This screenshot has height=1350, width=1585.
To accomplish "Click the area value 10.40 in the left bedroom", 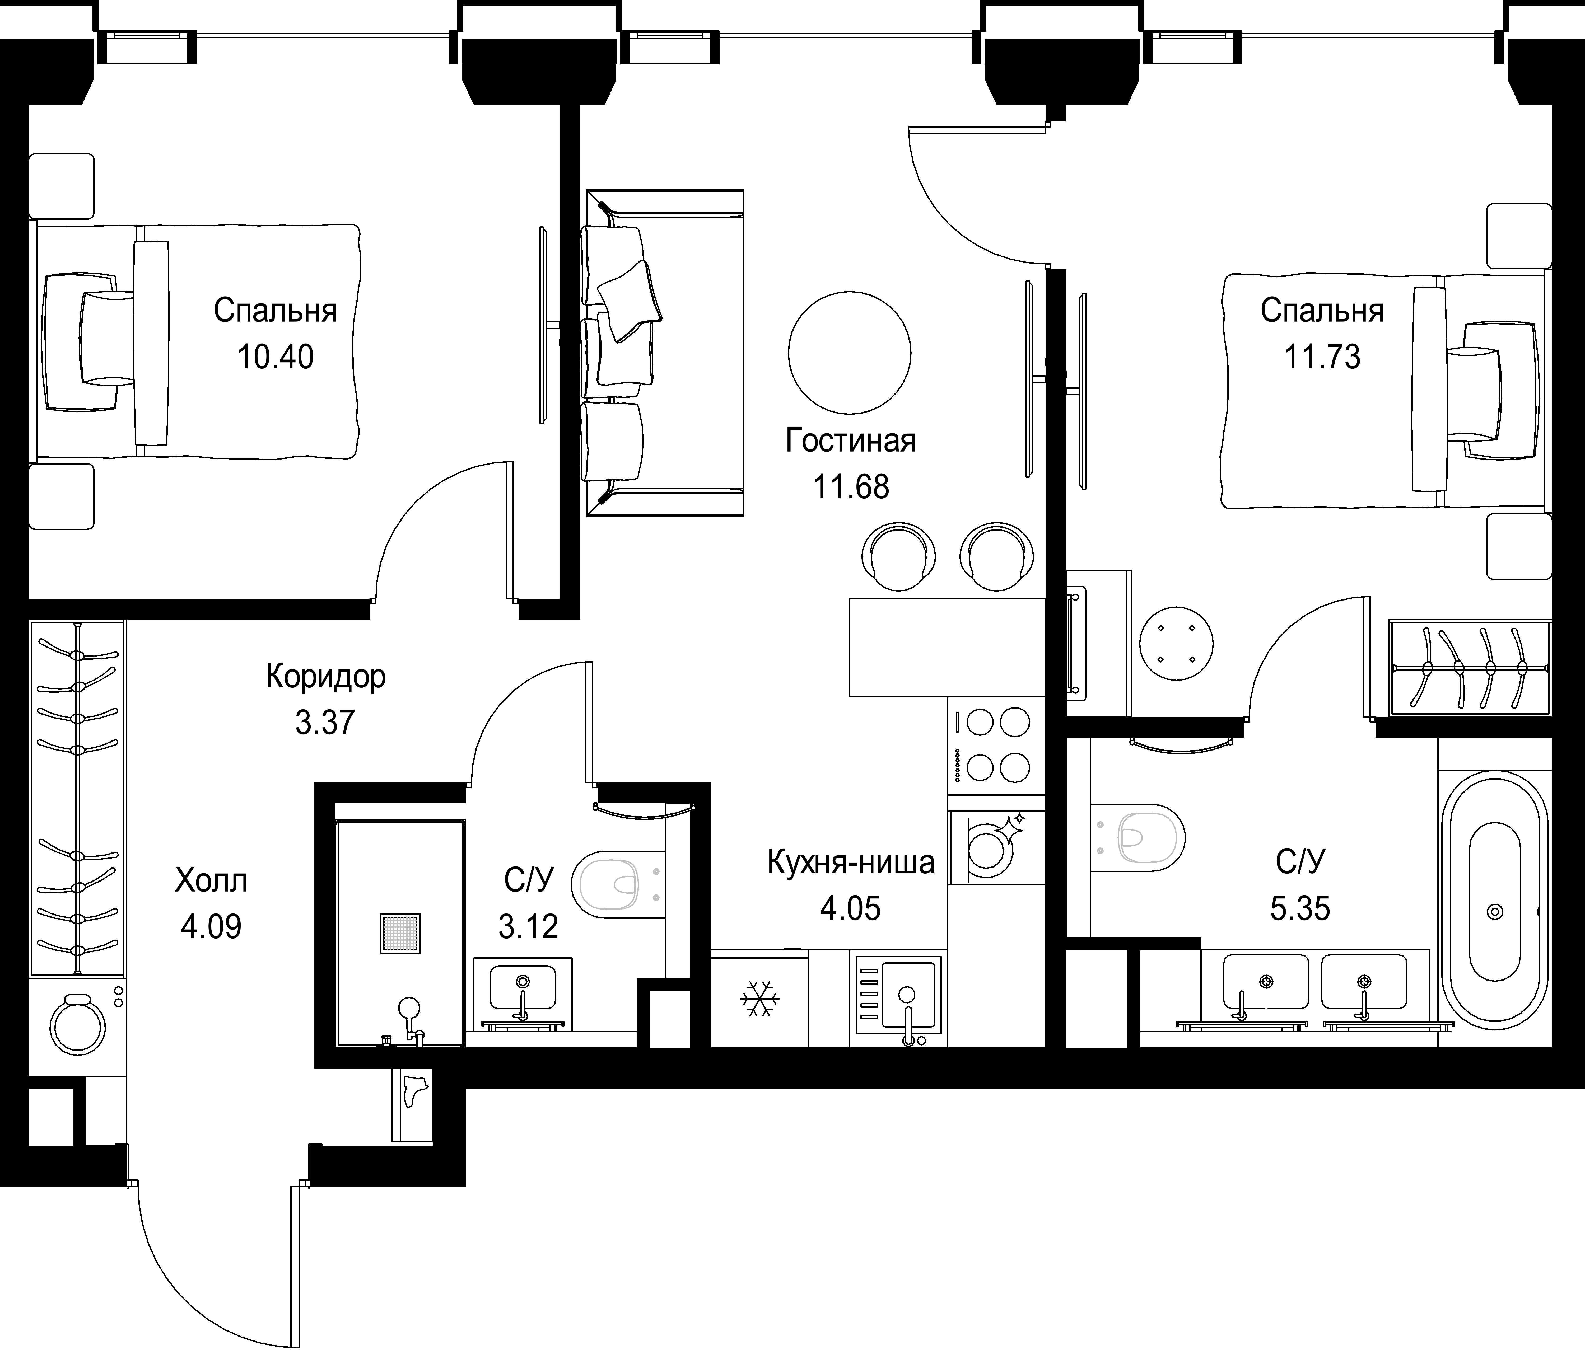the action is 275,357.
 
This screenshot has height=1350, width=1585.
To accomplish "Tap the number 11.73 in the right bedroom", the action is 1322,357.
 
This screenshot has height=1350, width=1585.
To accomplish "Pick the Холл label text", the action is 211,881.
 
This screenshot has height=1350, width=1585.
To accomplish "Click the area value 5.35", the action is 1300,909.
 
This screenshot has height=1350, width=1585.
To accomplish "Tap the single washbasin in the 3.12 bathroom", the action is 523,993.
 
